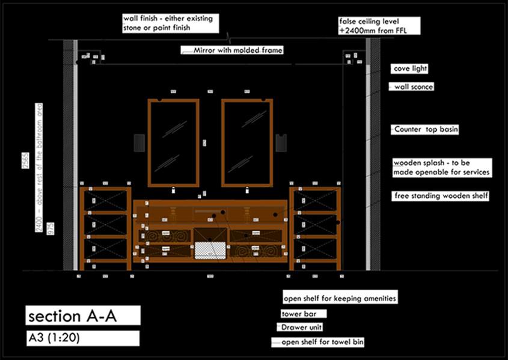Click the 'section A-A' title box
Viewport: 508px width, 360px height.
click(x=83, y=316)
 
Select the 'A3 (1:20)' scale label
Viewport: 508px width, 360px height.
click(x=83, y=338)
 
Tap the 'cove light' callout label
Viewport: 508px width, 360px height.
click(x=410, y=69)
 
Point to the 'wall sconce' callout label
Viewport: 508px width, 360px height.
click(x=414, y=87)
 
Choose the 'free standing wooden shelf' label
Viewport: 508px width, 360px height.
click(x=441, y=196)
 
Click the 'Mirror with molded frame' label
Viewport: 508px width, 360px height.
click(x=238, y=51)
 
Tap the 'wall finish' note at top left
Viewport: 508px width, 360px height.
click(x=172, y=22)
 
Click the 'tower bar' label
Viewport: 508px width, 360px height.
click(x=304, y=314)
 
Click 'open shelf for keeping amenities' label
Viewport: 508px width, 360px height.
click(x=340, y=298)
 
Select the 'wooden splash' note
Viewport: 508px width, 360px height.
click(x=442, y=168)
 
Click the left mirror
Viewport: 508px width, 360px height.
click(x=173, y=142)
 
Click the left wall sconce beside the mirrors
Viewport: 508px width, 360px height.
click(x=139, y=143)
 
